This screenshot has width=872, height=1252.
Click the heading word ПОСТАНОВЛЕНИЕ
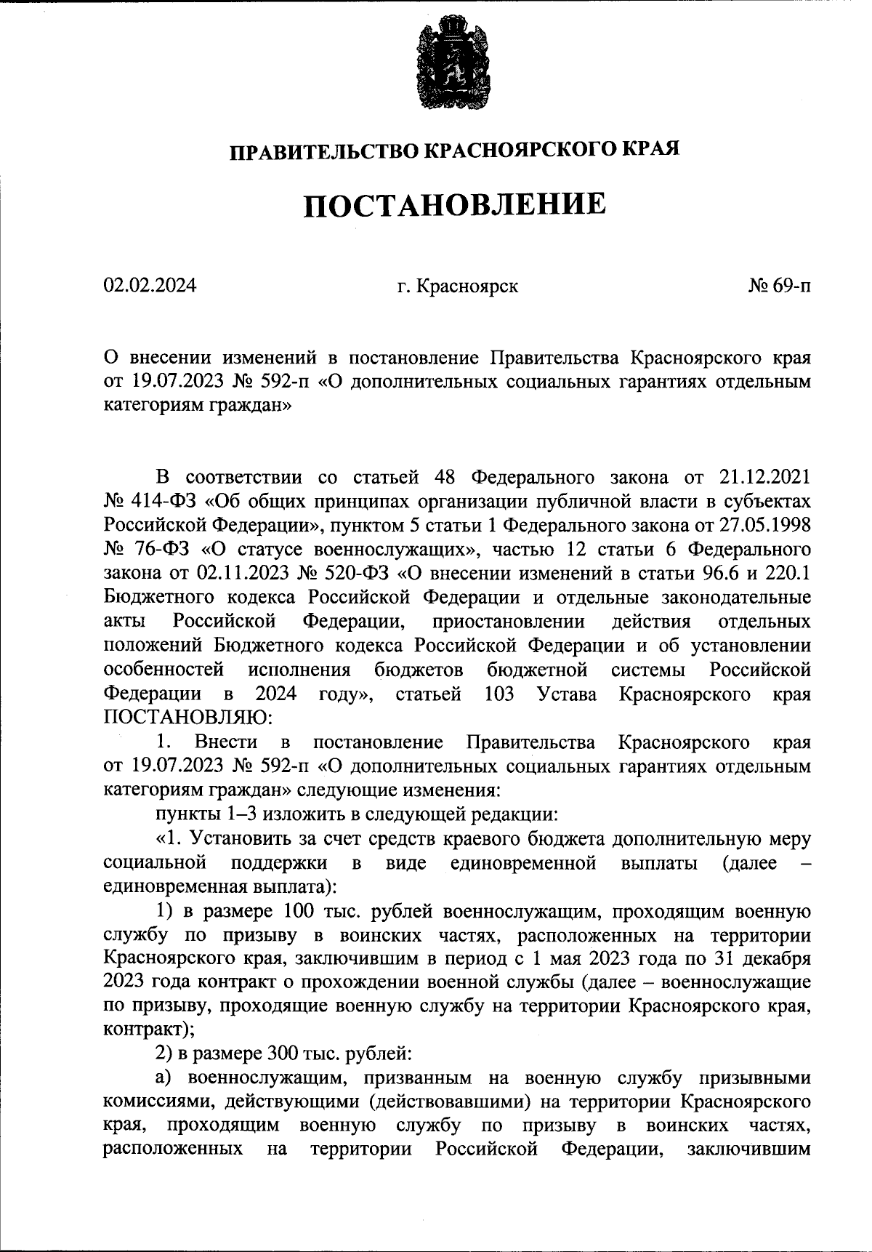click(x=453, y=204)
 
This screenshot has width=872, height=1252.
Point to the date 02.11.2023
click(x=243, y=574)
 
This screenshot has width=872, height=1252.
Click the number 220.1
click(x=787, y=574)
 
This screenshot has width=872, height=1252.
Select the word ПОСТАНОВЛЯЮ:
click(x=188, y=718)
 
